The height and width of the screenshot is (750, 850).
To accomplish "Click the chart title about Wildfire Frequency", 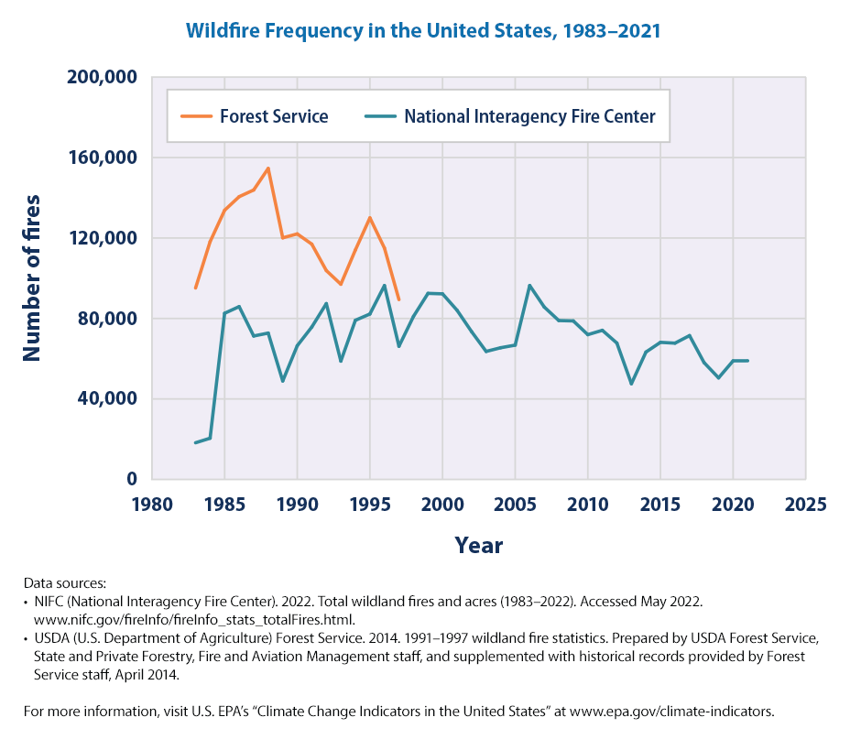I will [x=423, y=31].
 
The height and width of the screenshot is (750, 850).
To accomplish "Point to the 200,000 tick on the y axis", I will [x=103, y=77].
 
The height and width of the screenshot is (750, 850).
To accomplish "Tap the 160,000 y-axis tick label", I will [x=103, y=158].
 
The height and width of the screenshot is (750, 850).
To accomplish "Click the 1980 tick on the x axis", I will [x=152, y=505].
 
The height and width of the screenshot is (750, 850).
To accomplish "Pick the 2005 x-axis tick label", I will [x=515, y=505].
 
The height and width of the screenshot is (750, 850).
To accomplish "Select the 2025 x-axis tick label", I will [x=805, y=505].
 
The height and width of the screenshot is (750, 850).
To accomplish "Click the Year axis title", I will [x=478, y=546].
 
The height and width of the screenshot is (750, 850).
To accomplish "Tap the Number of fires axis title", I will [x=33, y=277].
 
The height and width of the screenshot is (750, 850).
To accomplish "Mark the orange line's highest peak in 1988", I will [x=268, y=168].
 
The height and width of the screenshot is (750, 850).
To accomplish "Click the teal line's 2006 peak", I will [x=529, y=285].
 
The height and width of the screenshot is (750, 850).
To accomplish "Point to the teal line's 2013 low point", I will [x=631, y=384].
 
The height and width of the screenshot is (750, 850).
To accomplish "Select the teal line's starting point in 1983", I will [x=195, y=443].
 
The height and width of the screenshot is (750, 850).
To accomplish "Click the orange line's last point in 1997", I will [x=398, y=299].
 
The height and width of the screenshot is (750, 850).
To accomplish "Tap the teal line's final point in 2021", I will [x=747, y=360].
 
